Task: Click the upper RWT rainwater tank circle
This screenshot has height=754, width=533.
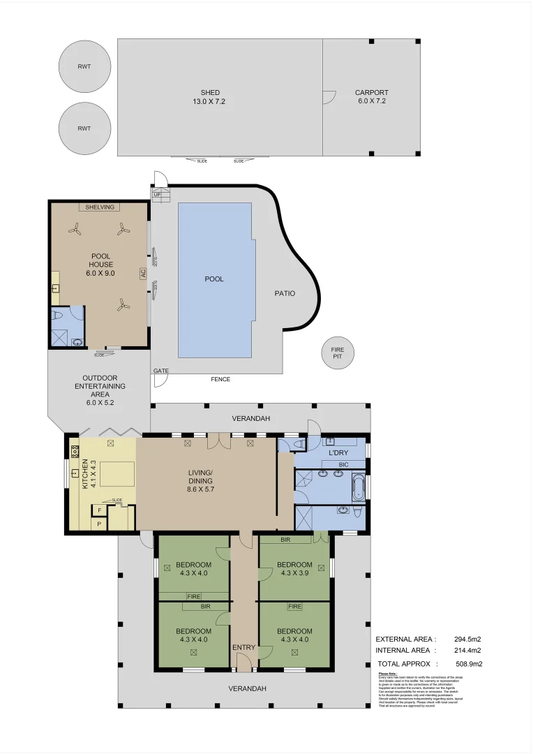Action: pyautogui.click(x=84, y=67)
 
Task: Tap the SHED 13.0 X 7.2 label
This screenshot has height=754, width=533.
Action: pyautogui.click(x=210, y=97)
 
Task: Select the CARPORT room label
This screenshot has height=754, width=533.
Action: pyautogui.click(x=371, y=97)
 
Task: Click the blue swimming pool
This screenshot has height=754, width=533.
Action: pyautogui.click(x=214, y=279)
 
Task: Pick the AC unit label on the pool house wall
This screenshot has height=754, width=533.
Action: pyautogui.click(x=143, y=274)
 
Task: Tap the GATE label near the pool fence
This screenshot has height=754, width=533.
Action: pyautogui.click(x=161, y=371)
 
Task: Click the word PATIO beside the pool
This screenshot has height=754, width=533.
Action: pyautogui.click(x=285, y=293)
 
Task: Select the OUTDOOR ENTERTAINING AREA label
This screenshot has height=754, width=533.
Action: pyautogui.click(x=100, y=385)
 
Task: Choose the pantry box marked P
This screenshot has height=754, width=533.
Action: pyautogui.click(x=99, y=524)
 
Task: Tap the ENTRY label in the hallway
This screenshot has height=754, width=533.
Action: pyautogui.click(x=244, y=648)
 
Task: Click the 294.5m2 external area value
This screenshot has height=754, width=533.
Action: pyautogui.click(x=467, y=639)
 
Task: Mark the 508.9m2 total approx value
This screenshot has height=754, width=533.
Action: pyautogui.click(x=469, y=664)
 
